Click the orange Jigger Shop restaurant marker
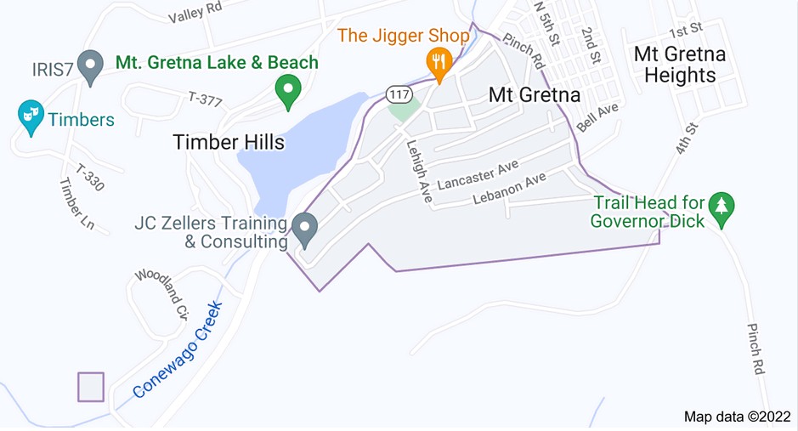tap(439, 63)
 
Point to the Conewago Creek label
tap(177, 349)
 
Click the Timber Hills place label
tap(229, 142)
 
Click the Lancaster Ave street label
tap(477, 177)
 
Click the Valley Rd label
tap(195, 12)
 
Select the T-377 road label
tap(206, 100)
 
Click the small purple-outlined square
tap(91, 387)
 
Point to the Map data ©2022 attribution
tap(736, 417)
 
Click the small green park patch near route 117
tap(405, 110)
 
